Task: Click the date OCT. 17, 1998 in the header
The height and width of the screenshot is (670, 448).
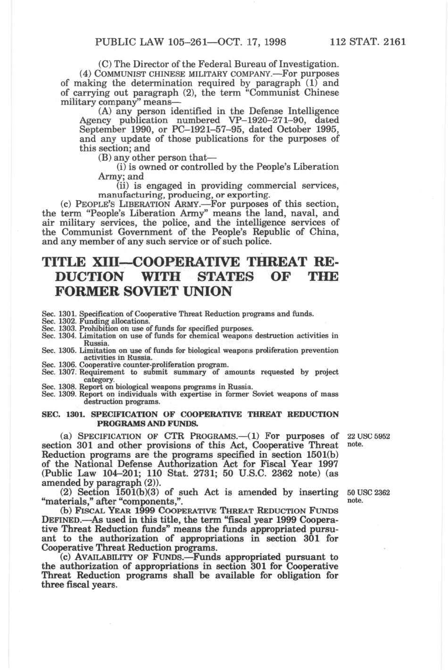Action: click(252, 41)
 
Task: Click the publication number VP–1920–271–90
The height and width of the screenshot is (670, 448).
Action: click(269, 121)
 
